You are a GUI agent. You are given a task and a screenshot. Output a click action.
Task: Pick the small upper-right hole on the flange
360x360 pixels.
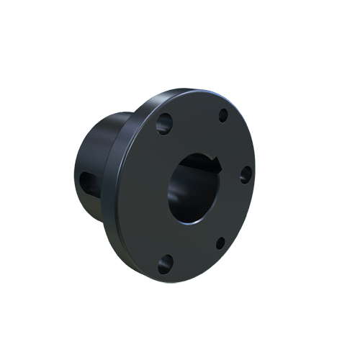pos(222,114)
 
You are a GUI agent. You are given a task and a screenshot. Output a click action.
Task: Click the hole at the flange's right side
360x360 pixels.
pos(245,173)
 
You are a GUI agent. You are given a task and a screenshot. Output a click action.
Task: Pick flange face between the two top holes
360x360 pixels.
pos(193,115)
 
